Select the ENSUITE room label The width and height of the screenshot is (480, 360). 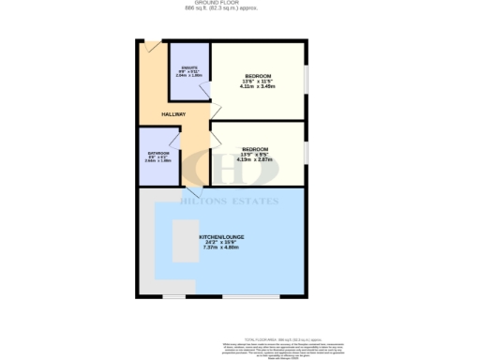tap(188, 66)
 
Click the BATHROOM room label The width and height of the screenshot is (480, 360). tap(157, 153)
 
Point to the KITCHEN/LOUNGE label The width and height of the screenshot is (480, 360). tap(221, 236)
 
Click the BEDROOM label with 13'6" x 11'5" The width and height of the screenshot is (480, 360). tap(258, 76)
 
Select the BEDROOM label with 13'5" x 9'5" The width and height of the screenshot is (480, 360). tap(255, 150)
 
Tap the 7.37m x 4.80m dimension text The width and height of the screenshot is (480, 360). tap(221, 250)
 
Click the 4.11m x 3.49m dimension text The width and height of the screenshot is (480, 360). tap(258, 87)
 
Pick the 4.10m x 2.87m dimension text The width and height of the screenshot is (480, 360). tap(255, 160)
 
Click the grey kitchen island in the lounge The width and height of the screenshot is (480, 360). tap(185, 242)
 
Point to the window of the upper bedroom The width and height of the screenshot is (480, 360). tap(305, 81)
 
